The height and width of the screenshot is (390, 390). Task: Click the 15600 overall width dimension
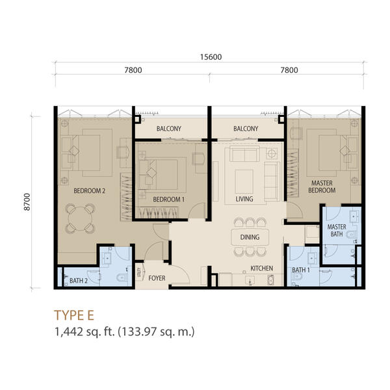211,57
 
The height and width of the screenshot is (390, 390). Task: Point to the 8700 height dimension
27,202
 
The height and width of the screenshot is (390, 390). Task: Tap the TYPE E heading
74,315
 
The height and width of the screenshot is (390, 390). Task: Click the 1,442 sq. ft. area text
84,331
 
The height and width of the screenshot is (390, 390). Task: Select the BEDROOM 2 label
90,190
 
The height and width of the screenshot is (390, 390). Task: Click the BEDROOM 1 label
168,200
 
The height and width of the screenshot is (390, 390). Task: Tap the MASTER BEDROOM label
322,187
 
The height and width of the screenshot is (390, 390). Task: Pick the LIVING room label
244,199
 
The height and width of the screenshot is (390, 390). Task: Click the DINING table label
250,237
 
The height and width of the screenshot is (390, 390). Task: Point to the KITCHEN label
262,268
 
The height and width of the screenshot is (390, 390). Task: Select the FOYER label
157,278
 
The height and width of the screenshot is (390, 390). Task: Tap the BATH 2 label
79,281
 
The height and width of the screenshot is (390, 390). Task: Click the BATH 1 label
301,270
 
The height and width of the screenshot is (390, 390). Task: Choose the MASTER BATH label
337,231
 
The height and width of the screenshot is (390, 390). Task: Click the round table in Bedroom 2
80,219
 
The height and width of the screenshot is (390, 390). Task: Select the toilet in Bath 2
122,277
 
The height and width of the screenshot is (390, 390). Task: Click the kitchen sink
250,280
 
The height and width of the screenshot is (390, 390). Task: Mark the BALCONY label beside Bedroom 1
169,129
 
